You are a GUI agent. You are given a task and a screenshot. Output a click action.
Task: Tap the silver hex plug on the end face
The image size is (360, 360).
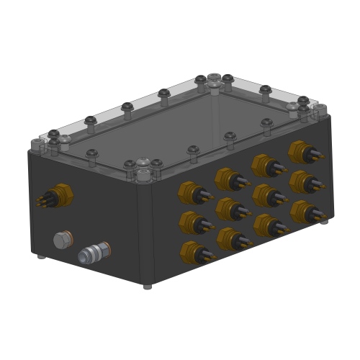tap(63, 238)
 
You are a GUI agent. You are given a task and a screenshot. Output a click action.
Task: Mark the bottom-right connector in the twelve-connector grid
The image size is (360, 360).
tap(303, 211)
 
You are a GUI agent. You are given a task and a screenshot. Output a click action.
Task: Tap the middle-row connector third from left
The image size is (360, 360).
tap(266, 194)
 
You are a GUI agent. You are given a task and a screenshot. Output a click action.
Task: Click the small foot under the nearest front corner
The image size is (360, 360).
tap(148, 286)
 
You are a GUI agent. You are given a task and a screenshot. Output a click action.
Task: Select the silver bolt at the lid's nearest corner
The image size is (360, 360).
tap(143, 175)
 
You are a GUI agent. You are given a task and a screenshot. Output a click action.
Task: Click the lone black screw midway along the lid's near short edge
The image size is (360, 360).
tap(92, 153)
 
